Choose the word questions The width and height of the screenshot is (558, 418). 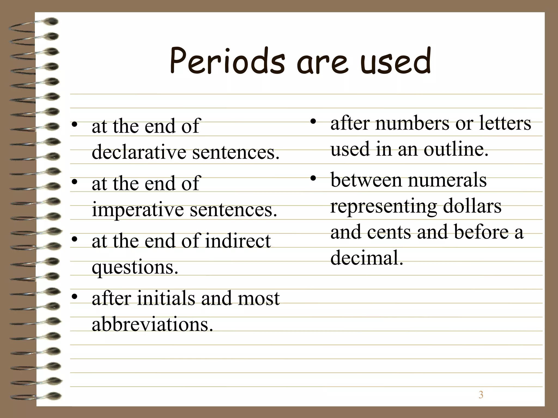(135, 267)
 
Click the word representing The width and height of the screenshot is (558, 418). (384, 207)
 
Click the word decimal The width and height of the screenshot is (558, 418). (366, 258)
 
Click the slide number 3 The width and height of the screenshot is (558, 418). (481, 395)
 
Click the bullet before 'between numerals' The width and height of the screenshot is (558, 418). (313, 178)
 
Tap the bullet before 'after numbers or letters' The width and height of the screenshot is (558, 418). (313, 121)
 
